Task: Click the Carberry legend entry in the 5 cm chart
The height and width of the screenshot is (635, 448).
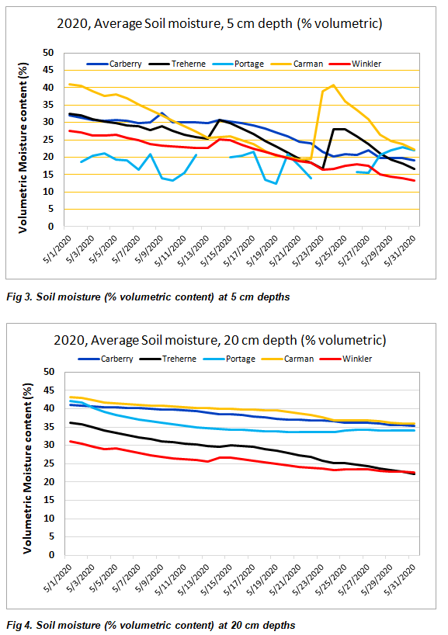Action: click(x=114, y=64)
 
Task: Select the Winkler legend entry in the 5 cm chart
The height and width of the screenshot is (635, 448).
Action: click(x=356, y=64)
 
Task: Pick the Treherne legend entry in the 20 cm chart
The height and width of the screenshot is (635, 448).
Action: click(x=168, y=359)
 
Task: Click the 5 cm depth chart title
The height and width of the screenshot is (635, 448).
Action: click(x=220, y=23)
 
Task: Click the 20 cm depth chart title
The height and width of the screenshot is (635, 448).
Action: click(x=220, y=340)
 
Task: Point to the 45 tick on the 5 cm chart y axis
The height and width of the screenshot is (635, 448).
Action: click(x=48, y=70)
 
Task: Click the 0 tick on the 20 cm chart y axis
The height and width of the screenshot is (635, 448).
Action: click(x=51, y=555)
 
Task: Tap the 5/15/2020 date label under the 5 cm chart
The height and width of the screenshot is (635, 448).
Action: click(x=217, y=250)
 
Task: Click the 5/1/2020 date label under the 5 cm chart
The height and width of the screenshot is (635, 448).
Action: click(x=57, y=249)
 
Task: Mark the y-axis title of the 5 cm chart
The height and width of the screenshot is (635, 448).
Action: click(x=23, y=147)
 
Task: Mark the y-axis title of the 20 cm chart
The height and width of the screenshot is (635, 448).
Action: click(x=27, y=468)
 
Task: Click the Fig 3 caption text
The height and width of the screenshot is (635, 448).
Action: click(x=148, y=297)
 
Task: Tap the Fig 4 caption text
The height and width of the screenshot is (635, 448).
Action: click(x=151, y=625)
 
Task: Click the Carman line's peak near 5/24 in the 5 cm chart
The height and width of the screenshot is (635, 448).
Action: click(x=333, y=85)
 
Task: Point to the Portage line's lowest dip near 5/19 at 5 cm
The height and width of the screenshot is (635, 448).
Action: click(x=276, y=183)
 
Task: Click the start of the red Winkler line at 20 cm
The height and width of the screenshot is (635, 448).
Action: click(x=71, y=441)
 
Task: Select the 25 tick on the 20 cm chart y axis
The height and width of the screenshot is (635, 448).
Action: click(x=49, y=463)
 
